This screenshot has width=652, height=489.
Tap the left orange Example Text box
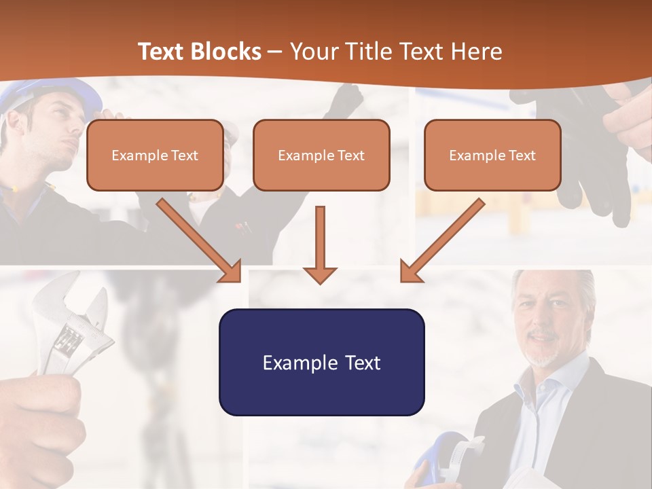155,156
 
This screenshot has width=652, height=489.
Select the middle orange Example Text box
321,156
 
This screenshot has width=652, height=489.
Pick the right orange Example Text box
492,156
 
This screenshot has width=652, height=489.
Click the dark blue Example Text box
321,362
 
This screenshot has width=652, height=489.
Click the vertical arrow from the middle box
320,244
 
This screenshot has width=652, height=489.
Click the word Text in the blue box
361,362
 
